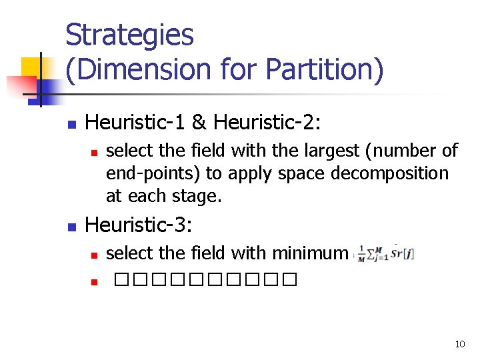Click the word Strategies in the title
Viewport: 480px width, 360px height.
(x=129, y=35)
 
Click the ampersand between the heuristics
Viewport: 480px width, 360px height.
(x=198, y=122)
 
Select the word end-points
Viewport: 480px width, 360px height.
(x=153, y=173)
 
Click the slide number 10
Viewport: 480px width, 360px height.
(x=459, y=344)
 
